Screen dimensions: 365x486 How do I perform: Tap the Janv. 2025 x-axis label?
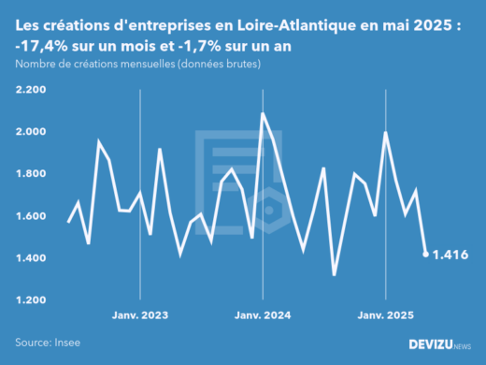point(386,315)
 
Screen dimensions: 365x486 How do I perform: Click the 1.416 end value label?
point(451,255)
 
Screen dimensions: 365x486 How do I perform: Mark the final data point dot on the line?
point(426,254)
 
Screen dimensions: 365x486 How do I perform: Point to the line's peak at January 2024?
point(263,114)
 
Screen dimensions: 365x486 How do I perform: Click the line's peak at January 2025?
point(386,133)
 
